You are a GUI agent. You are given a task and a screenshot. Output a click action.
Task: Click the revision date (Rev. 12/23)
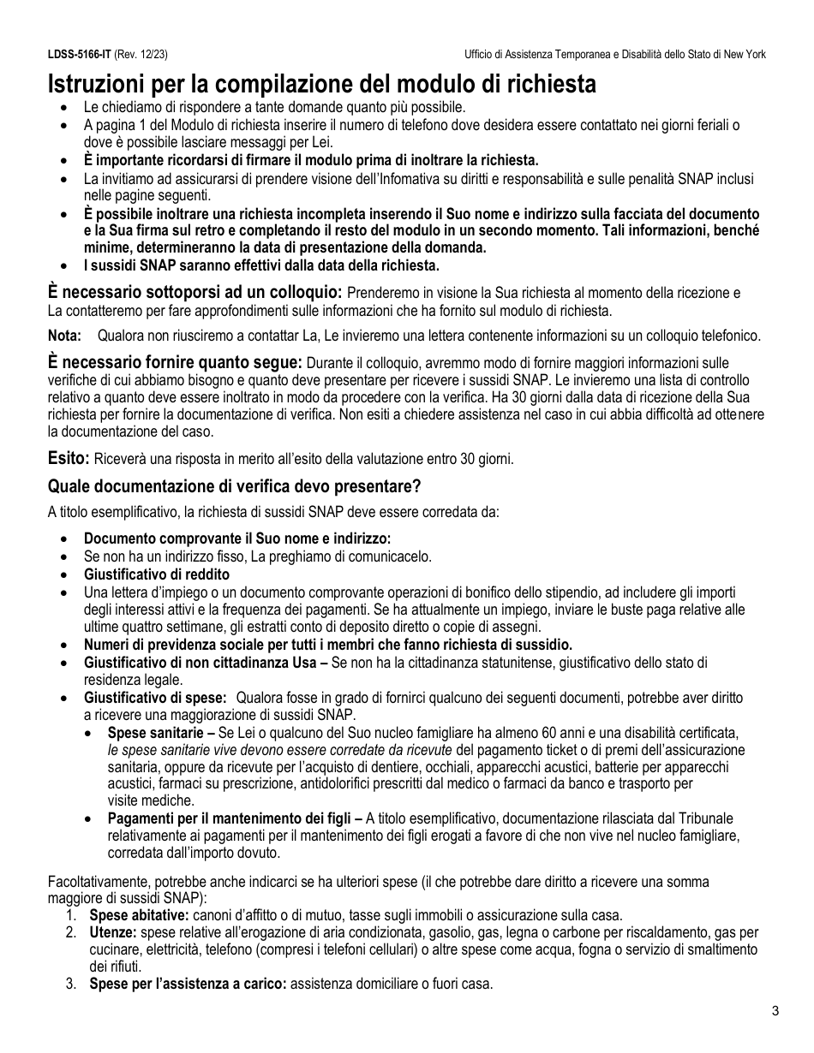click(141, 55)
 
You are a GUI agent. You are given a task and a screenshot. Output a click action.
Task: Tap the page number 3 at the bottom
click(775, 1011)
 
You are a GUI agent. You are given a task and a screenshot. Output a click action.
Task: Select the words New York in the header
click(744, 55)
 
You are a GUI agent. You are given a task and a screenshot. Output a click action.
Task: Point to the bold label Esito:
click(69, 458)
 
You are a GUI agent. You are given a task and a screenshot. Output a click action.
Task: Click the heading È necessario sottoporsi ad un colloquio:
click(195, 292)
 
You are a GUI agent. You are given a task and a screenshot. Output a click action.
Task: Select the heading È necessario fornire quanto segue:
click(175, 362)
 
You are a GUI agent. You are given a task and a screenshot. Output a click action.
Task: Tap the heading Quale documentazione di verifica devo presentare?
click(234, 486)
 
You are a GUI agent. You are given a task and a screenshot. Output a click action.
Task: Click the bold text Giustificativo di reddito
click(156, 574)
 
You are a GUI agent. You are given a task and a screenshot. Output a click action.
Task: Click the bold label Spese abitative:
click(133, 915)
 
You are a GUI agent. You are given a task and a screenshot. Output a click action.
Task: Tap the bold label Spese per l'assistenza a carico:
click(188, 984)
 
